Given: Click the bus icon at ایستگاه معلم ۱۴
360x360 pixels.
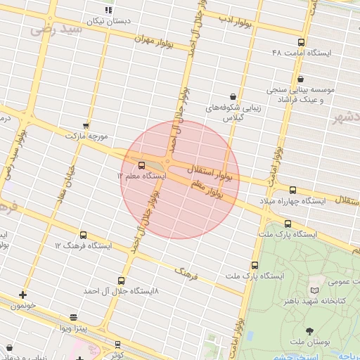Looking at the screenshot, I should tap(142, 165).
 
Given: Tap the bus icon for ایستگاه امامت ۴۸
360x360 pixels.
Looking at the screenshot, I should tap(302, 42).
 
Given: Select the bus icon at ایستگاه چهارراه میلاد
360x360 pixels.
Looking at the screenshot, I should tap(293, 190).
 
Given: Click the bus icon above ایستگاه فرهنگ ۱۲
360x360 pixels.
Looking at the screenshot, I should tap(84, 235).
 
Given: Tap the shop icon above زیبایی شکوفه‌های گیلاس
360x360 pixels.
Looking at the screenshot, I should tap(233, 96).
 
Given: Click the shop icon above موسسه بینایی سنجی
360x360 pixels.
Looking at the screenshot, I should tap(302, 79).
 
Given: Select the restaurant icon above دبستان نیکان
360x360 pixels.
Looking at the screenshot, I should tap(108, 10).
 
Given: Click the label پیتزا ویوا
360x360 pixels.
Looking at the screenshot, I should tap(72, 328).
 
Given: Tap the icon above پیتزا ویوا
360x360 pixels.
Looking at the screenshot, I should tap(74, 317).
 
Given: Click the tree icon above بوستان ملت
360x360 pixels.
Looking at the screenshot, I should tap(309, 330).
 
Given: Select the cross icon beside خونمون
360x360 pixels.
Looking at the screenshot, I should tap(22, 295).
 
